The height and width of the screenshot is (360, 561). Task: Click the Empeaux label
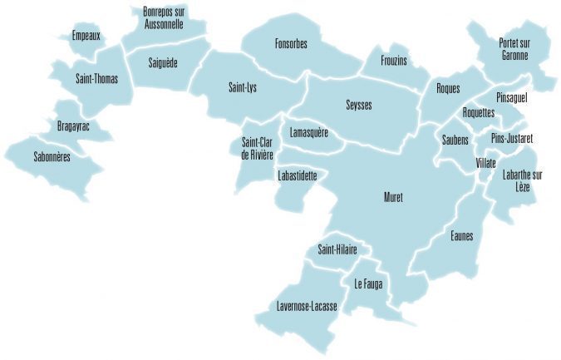tap(86, 36)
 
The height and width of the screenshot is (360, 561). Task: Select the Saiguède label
tap(163, 62)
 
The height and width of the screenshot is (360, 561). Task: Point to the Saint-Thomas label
tap(96, 79)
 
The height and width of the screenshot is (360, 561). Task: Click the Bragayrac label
tap(74, 126)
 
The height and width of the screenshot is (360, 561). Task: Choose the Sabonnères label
tap(52, 155)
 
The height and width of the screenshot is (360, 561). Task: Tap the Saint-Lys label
tap(243, 86)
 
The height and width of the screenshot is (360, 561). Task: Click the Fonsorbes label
tap(291, 44)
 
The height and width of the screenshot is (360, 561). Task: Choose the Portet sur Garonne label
tap(514, 48)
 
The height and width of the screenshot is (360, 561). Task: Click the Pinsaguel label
tap(511, 97)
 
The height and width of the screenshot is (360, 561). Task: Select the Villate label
tap(486, 162)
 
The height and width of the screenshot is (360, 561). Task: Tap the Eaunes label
tap(461, 236)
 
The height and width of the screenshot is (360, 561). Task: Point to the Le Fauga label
tap(367, 284)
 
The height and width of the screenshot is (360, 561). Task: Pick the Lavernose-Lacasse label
tap(308, 307)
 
